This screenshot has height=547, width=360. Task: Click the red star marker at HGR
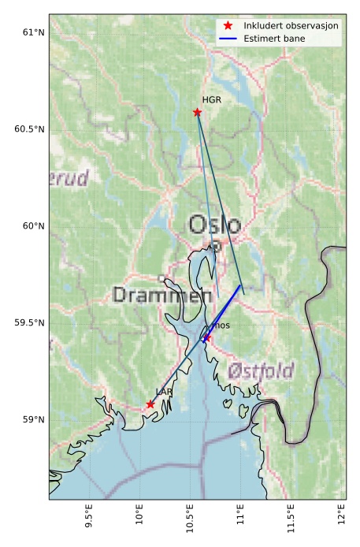[197, 112]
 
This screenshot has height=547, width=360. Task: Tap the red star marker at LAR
[150, 404]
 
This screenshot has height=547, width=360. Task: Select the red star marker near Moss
[206, 338]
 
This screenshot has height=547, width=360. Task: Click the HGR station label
[211, 100]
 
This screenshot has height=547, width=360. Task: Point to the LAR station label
[164, 392]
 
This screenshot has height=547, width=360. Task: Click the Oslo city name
[214, 225]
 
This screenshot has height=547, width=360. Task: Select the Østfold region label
[261, 370]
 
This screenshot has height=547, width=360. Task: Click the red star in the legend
[228, 26]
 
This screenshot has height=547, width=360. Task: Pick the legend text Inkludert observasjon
[291, 26]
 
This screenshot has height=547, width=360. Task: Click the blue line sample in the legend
[228, 37]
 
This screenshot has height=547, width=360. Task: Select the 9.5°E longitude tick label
[89, 519]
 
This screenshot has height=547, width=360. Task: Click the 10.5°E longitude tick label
[190, 519]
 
